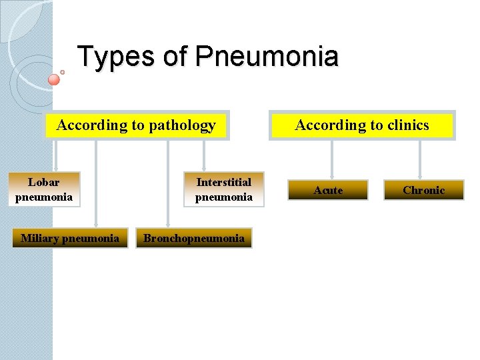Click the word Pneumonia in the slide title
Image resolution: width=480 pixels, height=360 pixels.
(267, 57)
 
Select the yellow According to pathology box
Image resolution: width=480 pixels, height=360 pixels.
(137, 125)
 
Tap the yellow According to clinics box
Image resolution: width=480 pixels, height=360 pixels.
(362, 125)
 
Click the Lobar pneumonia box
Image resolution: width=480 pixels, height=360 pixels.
(44, 189)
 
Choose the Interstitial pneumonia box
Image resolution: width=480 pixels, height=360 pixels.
(224, 189)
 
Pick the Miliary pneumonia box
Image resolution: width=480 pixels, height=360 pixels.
(70, 238)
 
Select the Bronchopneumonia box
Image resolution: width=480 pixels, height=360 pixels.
(194, 238)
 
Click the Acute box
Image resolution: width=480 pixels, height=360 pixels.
(328, 190)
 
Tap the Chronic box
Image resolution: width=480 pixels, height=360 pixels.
(423, 190)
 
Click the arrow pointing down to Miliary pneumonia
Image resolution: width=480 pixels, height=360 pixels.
(96, 183)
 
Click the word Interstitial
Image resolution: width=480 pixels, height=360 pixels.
(224, 182)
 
